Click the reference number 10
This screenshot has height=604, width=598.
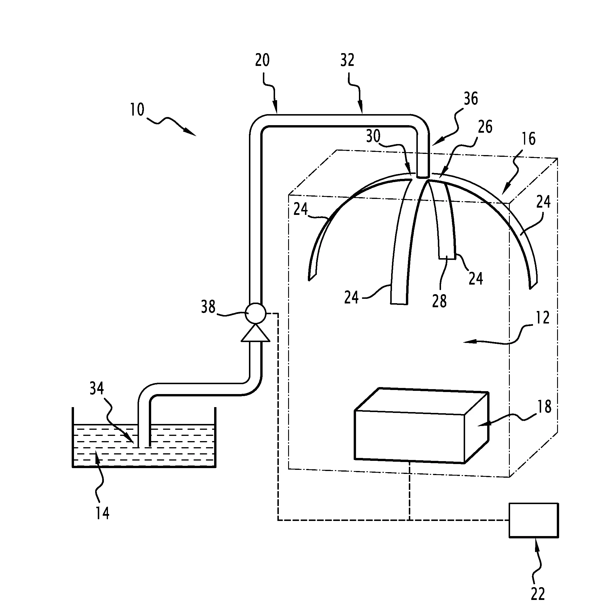[x=137, y=110]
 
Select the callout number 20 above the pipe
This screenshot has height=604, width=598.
[x=262, y=60]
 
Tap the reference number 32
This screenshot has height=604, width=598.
[x=347, y=60]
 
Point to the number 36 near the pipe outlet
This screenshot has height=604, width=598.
[x=471, y=99]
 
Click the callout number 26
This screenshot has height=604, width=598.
[x=485, y=127]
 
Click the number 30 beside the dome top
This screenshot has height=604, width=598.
[x=373, y=136]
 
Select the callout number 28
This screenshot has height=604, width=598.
[x=439, y=301]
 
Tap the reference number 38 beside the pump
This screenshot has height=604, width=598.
[x=208, y=307]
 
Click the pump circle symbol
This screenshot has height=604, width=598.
[x=256, y=313]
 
